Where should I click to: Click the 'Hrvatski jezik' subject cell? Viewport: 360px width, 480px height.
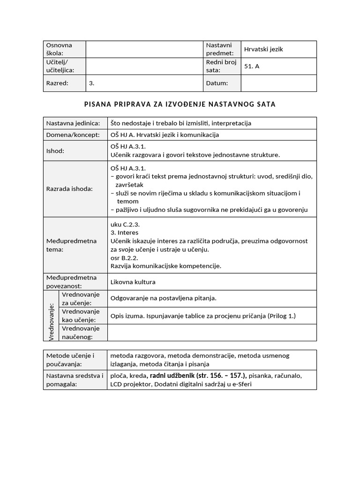pyautogui.click(x=263, y=49)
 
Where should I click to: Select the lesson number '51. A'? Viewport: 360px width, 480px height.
pyautogui.click(x=252, y=67)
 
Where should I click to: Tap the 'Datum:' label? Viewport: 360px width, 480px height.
pyautogui.click(x=217, y=83)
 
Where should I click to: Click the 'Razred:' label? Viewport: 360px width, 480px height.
pyautogui.click(x=57, y=83)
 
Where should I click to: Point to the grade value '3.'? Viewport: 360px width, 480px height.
pyautogui.click(x=92, y=83)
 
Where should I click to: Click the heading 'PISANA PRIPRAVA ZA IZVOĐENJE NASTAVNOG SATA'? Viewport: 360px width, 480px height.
pyautogui.click(x=180, y=104)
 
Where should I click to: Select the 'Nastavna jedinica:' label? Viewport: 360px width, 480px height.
pyautogui.click(x=73, y=123)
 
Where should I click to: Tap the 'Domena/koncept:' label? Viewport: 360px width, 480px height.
pyautogui.click(x=73, y=135)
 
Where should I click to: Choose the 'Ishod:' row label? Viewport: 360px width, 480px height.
pyautogui.click(x=55, y=151)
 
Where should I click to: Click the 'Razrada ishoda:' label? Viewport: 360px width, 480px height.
pyautogui.click(x=69, y=189)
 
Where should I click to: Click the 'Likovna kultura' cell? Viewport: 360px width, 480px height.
pyautogui.click(x=133, y=282)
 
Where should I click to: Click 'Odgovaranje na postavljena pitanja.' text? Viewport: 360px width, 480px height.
pyautogui.click(x=163, y=298)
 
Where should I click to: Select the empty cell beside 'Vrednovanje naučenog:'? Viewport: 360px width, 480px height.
pyautogui.click(x=212, y=332)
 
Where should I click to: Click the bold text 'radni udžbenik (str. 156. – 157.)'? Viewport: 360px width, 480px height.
pyautogui.click(x=198, y=375)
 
